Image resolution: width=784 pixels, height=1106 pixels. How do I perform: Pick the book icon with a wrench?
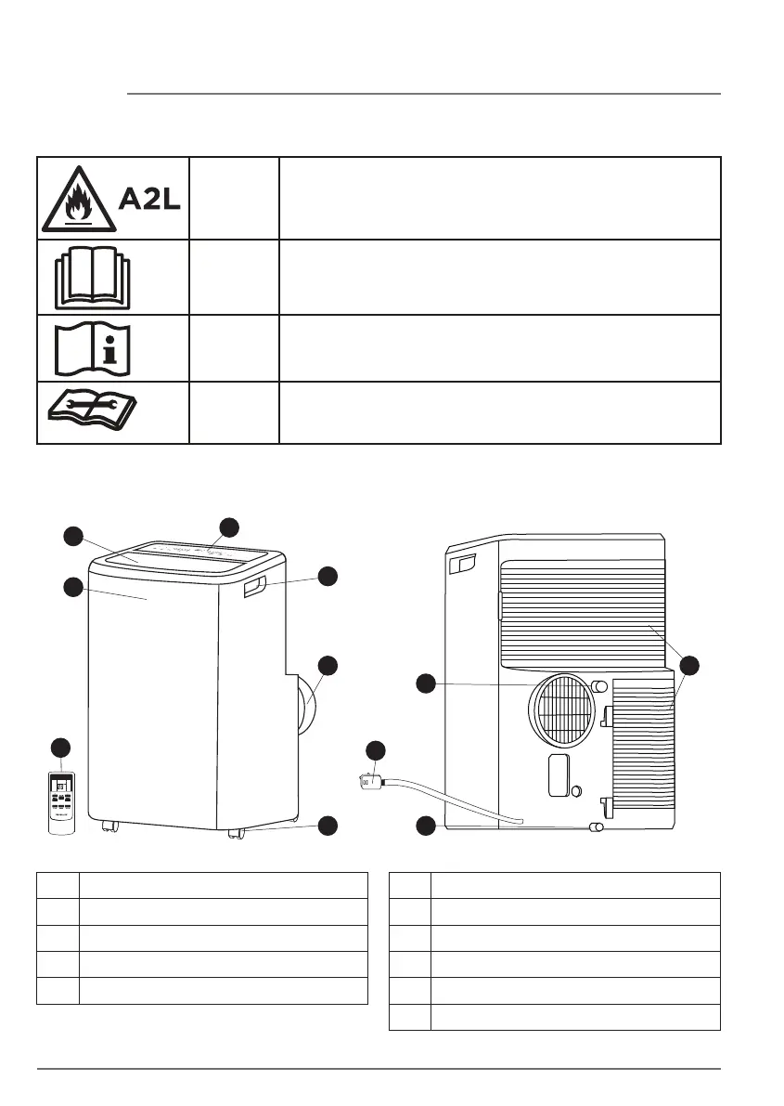click(93, 412)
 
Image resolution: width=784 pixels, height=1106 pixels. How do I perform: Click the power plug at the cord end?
click(372, 782)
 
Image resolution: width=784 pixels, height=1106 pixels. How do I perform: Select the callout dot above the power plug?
click(375, 749)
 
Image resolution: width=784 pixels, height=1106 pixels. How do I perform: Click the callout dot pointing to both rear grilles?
click(688, 665)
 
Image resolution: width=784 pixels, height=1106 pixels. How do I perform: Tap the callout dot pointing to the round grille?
click(426, 683)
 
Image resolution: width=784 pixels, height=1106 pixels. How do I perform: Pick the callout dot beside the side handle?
click(328, 576)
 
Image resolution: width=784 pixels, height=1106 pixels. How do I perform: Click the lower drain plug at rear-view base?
click(598, 826)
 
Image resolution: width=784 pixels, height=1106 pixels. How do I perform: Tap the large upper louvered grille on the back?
click(583, 613)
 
